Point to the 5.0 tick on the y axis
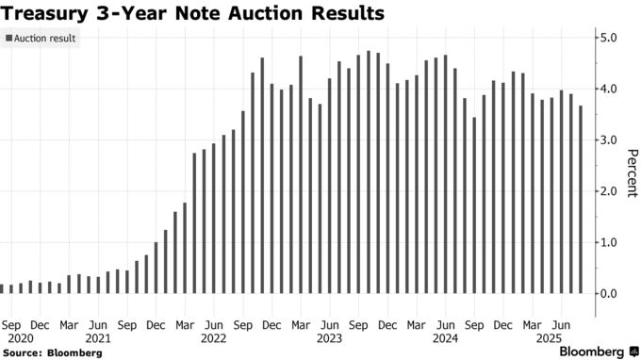tap(608, 38)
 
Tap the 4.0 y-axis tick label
tap(608, 89)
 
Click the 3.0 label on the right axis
tap(608, 139)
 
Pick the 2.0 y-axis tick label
tap(608, 191)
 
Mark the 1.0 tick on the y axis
tap(608, 242)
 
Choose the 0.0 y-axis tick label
tap(608, 293)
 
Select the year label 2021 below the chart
tap(97, 336)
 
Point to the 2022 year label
tap(214, 336)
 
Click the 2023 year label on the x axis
tap(330, 336)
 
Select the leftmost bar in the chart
tap(2, 288)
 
